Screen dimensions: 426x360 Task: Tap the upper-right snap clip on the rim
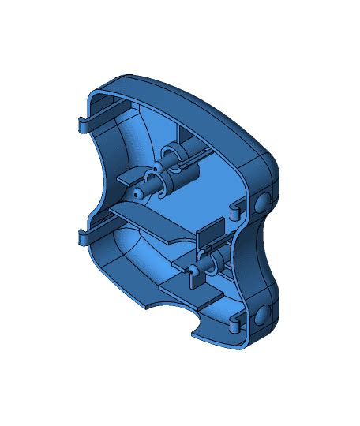click(236, 211)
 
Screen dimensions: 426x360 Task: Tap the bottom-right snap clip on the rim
click(236, 323)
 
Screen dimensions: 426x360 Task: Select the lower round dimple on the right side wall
click(261, 318)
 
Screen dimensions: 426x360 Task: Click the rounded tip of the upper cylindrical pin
click(137, 191)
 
